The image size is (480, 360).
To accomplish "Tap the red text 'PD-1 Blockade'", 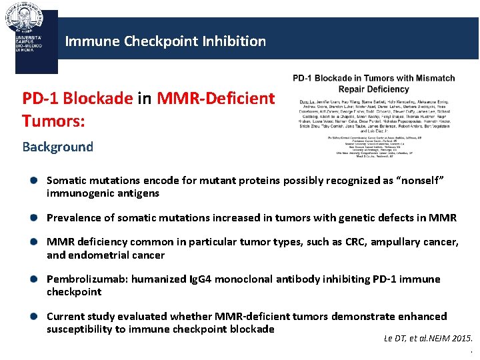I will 77,99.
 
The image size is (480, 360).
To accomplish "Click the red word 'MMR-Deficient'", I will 216,99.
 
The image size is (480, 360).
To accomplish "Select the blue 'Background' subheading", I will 57,147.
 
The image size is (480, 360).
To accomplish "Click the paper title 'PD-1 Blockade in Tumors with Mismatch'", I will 374,78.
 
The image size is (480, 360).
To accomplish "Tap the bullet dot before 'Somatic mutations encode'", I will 33,181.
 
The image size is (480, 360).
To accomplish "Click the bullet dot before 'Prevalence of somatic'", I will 33,218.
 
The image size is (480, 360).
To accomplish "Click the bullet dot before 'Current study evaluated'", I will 33,317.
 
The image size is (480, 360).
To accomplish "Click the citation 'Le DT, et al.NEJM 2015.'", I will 428,339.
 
